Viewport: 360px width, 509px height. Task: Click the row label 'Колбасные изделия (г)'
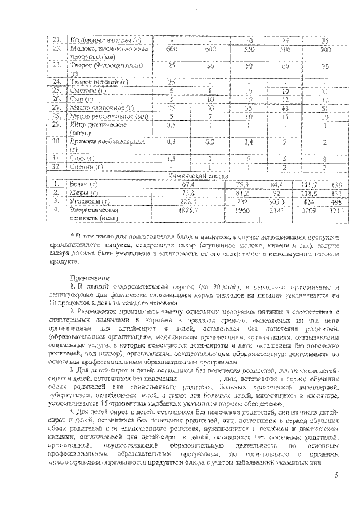pyautogui.click(x=103, y=40)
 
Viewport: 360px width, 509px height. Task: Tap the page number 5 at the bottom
pyautogui.click(x=335, y=476)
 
